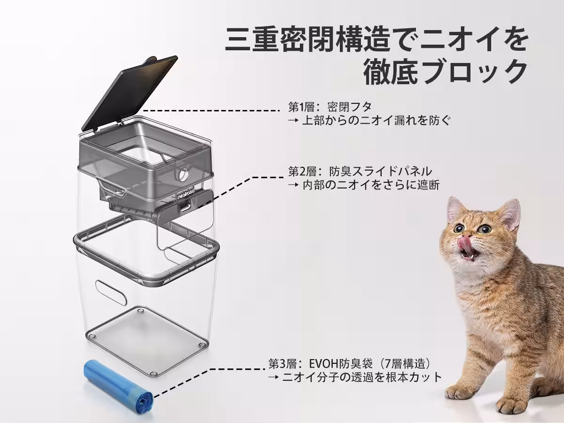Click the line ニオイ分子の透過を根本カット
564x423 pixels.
pyautogui.click(x=362, y=377)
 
